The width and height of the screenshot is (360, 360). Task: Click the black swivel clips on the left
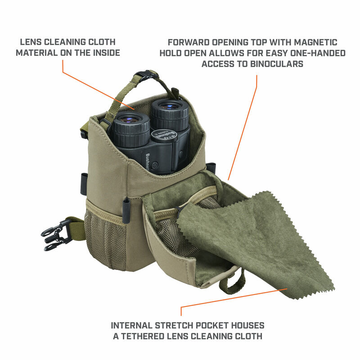click(x=53, y=234)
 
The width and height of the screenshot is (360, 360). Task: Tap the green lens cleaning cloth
click(x=265, y=243)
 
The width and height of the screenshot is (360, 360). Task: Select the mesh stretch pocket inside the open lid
click(x=180, y=234)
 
